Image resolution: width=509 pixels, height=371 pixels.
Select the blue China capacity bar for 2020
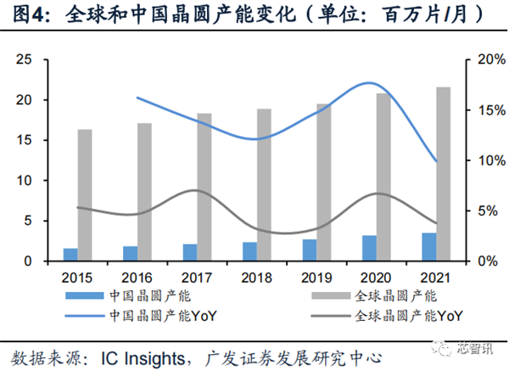pos(370,248)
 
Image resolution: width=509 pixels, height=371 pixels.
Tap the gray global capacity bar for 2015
pos(85,195)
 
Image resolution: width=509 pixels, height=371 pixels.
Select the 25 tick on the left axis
pos(25,60)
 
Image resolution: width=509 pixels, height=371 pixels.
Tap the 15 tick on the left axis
pos(25,141)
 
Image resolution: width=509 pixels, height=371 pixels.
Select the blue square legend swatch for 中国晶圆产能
pos(87,296)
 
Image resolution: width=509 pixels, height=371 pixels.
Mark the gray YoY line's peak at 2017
pos(194,191)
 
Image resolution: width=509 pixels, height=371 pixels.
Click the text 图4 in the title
pos(26,14)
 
